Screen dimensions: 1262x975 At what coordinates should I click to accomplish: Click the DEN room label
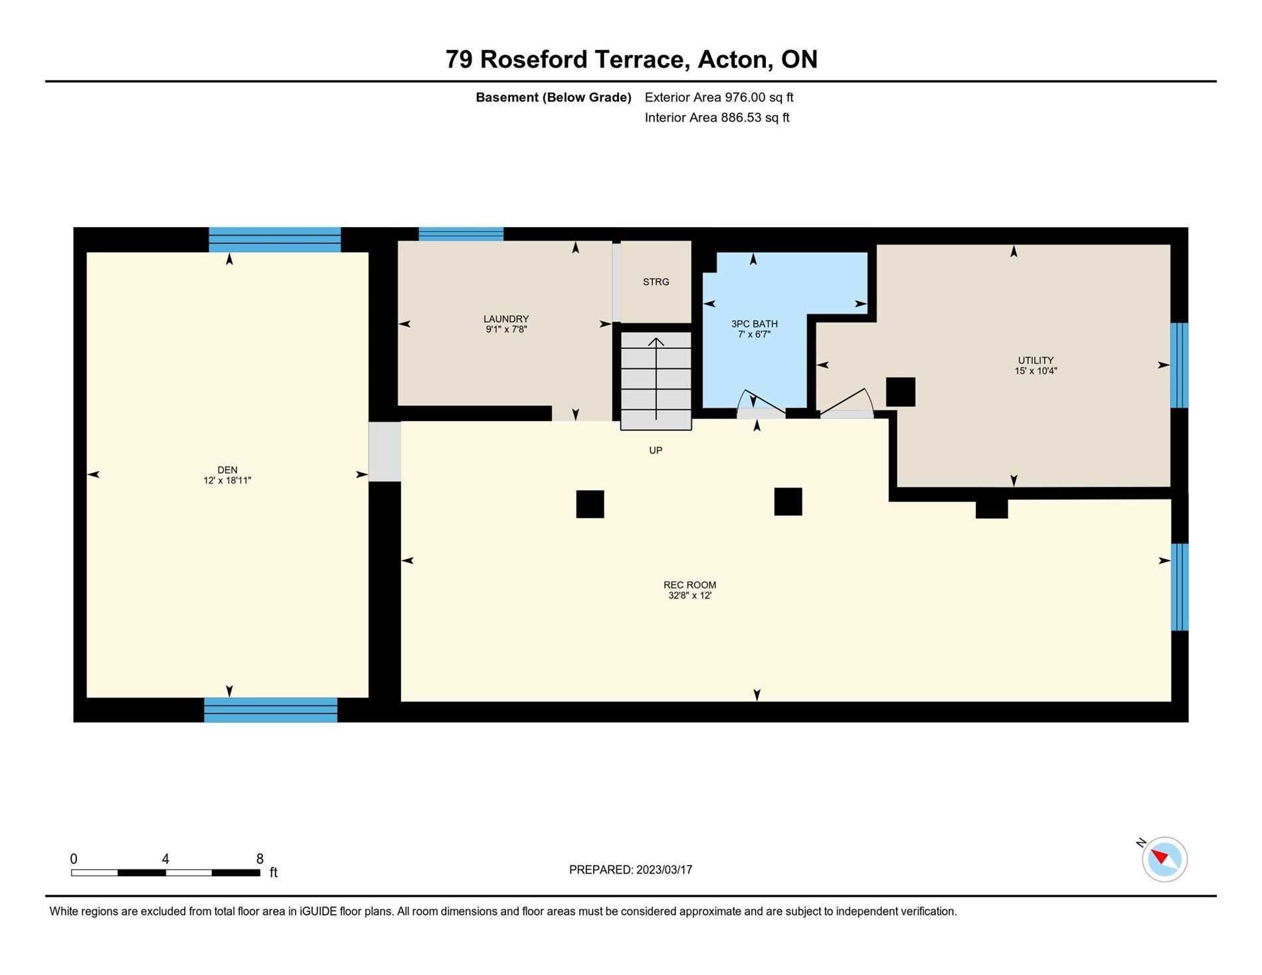tap(227, 470)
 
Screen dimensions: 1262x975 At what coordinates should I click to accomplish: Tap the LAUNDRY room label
tap(506, 319)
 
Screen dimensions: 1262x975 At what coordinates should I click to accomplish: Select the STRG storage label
tap(656, 282)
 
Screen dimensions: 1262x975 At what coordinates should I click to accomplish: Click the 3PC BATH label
tap(755, 324)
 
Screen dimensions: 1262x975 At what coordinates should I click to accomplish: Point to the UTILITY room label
tap(1036, 361)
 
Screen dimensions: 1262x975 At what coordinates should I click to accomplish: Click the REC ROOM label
tap(690, 585)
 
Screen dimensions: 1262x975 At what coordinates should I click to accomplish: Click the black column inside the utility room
tap(901, 392)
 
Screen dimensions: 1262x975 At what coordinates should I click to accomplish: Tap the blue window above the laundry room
tap(461, 234)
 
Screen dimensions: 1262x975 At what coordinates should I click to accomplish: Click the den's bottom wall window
tap(271, 710)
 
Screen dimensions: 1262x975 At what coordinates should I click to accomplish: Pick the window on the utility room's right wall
tap(1180, 365)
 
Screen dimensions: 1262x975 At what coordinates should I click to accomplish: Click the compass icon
tap(1164, 859)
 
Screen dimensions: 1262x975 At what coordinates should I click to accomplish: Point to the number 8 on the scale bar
tap(260, 859)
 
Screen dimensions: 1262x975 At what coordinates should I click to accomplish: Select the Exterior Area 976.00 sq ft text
tap(719, 97)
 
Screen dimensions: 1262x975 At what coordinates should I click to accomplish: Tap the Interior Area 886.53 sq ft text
tap(717, 118)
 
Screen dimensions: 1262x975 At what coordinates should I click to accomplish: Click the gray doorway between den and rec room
tap(385, 452)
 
